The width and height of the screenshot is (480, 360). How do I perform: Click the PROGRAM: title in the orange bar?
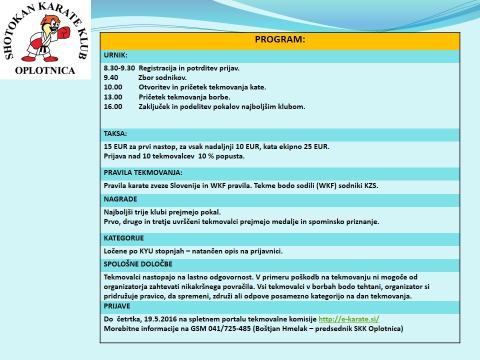click(x=280, y=40)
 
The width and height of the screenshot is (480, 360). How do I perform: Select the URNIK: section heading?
click(x=115, y=55)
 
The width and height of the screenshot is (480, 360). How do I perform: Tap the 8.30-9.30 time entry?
click(x=119, y=68)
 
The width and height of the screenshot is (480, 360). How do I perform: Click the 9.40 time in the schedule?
click(x=111, y=77)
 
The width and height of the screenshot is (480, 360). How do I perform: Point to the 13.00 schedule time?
click(x=113, y=97)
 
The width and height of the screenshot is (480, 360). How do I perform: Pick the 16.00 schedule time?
click(x=113, y=106)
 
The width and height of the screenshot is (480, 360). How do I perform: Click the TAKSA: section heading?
click(x=115, y=134)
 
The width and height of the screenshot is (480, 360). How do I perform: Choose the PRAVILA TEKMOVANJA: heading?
click(x=143, y=172)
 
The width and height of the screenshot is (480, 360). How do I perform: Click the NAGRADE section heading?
click(x=120, y=199)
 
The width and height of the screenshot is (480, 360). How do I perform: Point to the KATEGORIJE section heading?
click(x=124, y=238)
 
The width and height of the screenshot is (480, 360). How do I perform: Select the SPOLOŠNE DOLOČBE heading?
click(x=138, y=264)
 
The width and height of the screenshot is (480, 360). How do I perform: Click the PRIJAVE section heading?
click(x=117, y=305)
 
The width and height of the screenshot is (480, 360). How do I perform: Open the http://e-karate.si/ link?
click(x=349, y=319)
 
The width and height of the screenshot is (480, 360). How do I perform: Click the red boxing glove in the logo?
click(x=64, y=33)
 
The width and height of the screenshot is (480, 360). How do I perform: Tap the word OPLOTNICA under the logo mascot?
click(x=45, y=70)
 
